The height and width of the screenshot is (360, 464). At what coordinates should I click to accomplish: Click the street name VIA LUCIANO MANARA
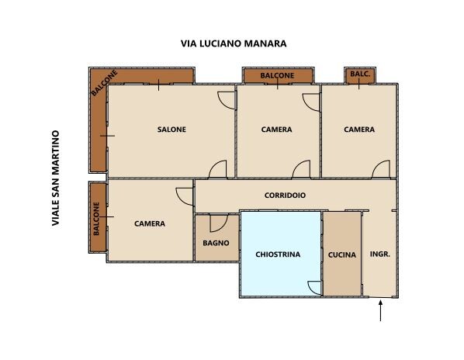point(234,43)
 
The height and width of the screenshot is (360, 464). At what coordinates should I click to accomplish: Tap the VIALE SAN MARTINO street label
point(56,178)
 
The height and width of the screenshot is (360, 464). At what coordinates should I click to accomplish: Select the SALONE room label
point(171,130)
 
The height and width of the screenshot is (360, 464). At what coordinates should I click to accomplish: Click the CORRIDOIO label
point(285,196)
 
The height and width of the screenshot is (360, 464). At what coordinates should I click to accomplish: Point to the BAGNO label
point(216,243)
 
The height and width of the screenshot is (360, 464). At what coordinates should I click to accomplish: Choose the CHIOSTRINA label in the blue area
point(278,254)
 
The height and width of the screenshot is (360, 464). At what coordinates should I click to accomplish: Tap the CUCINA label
point(342,254)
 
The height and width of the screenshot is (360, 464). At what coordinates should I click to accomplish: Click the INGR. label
point(380,254)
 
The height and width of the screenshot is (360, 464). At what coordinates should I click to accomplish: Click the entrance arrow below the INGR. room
point(380,310)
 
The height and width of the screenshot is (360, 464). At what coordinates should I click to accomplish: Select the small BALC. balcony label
point(360,74)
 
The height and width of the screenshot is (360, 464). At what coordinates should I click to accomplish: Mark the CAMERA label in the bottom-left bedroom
point(150,223)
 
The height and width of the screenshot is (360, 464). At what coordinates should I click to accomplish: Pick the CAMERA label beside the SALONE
point(277,130)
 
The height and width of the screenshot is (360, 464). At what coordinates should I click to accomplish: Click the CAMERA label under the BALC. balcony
point(359,130)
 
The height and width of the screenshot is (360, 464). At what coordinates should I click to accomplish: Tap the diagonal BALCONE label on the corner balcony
point(104,83)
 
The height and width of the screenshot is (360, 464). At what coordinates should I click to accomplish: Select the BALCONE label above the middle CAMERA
point(277,75)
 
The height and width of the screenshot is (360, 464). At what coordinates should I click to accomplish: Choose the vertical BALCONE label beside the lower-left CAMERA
point(96,219)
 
